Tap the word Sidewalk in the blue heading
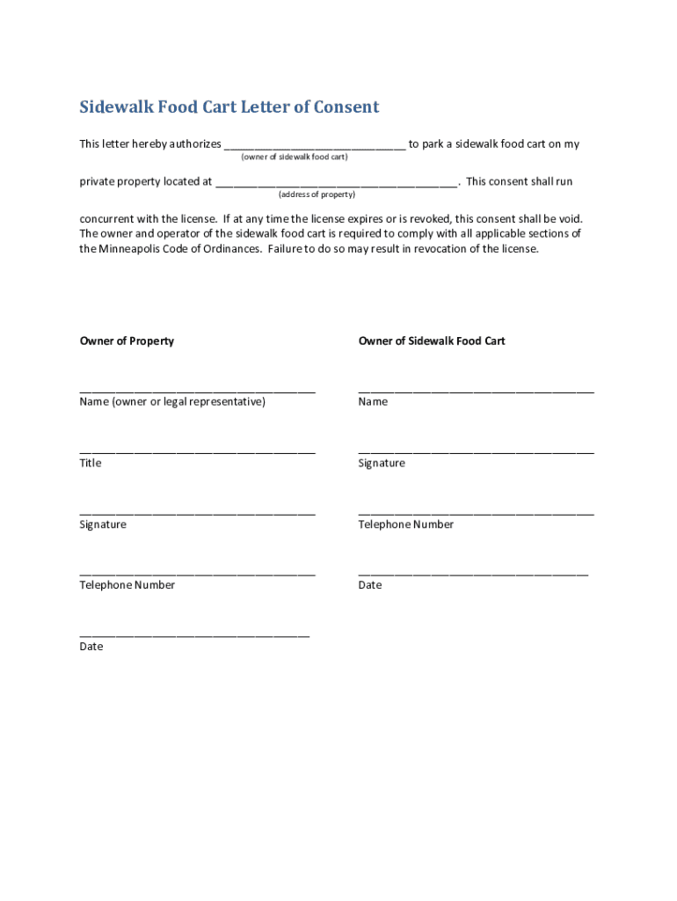(116, 107)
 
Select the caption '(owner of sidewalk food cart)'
(295, 157)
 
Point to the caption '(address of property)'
(317, 194)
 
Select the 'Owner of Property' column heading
(127, 341)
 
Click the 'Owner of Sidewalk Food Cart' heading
(432, 341)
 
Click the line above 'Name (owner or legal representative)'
(197, 390)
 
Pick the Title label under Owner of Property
(91, 463)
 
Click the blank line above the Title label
(197, 451)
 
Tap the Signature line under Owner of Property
(197, 512)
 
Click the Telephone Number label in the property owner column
(127, 585)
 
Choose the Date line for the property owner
(194, 634)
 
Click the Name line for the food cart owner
(476, 390)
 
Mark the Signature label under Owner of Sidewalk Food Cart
(382, 463)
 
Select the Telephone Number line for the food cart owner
(476, 512)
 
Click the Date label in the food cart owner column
(370, 585)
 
